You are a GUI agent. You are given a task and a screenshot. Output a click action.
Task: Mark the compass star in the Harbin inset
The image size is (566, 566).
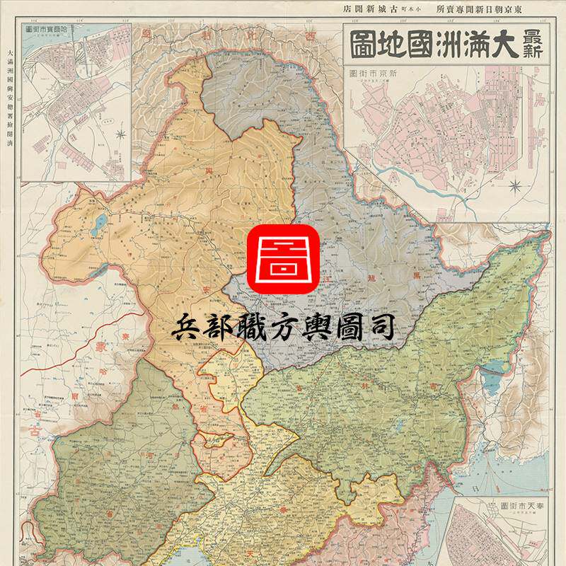(x=122, y=132)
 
